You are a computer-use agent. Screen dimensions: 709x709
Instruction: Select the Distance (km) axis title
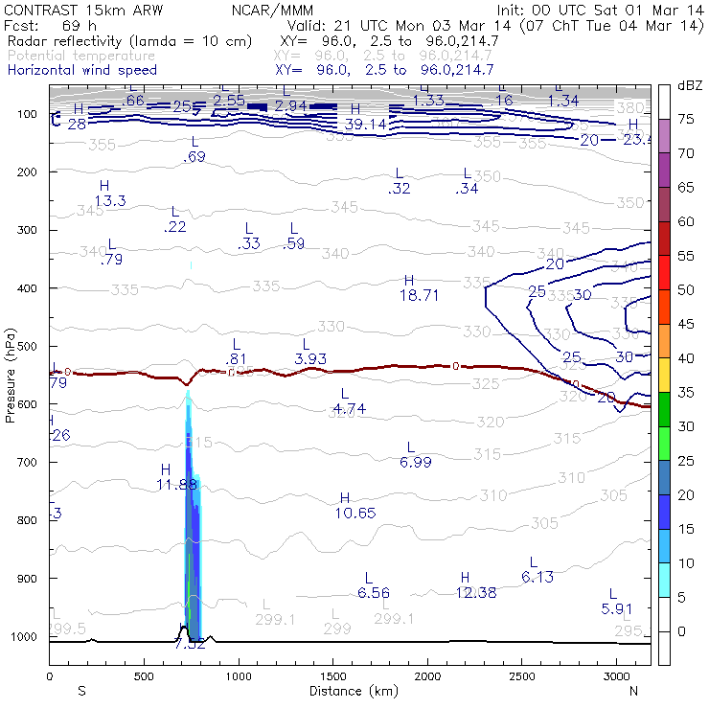[349, 691]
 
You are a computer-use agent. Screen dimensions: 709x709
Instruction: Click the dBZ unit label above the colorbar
[690, 85]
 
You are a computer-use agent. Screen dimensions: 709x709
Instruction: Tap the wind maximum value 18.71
[419, 296]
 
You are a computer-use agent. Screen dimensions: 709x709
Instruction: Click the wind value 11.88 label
[176, 485]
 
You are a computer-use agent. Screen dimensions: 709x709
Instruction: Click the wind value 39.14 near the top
[365, 125]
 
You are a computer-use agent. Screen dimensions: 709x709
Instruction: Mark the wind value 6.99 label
[416, 462]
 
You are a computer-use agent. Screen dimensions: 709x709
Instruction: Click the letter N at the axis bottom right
[632, 691]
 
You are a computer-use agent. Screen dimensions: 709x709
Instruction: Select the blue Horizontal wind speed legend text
[82, 70]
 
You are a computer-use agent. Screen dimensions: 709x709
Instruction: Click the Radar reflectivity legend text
[129, 41]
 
